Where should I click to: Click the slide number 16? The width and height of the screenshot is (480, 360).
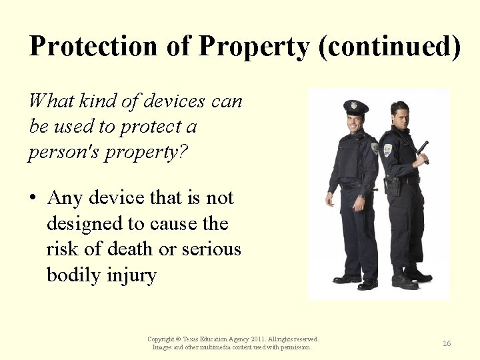point(447,343)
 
